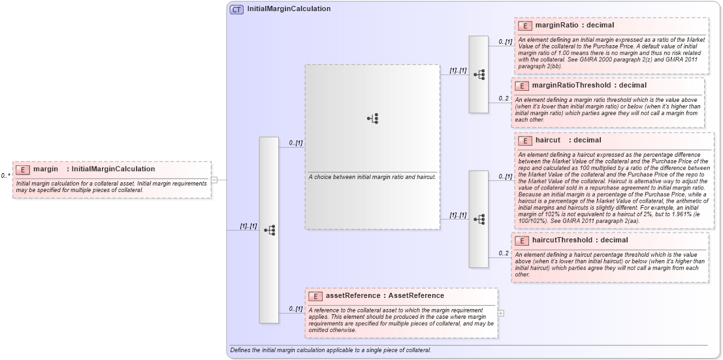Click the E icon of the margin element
[23, 169]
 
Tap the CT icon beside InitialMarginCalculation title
[237, 10]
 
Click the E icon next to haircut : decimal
[524, 140]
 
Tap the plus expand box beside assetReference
[501, 313]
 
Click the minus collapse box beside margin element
[214, 180]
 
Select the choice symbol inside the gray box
[373, 118]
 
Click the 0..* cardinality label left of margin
[5, 175]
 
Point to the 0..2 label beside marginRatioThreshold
[504, 99]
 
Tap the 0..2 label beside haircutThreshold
[504, 253]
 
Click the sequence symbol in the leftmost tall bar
[269, 230]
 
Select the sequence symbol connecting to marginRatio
[479, 74]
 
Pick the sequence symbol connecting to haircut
[479, 219]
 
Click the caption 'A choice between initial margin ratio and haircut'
[372, 177]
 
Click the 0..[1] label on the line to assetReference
[296, 308]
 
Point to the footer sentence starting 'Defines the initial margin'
[330, 350]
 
